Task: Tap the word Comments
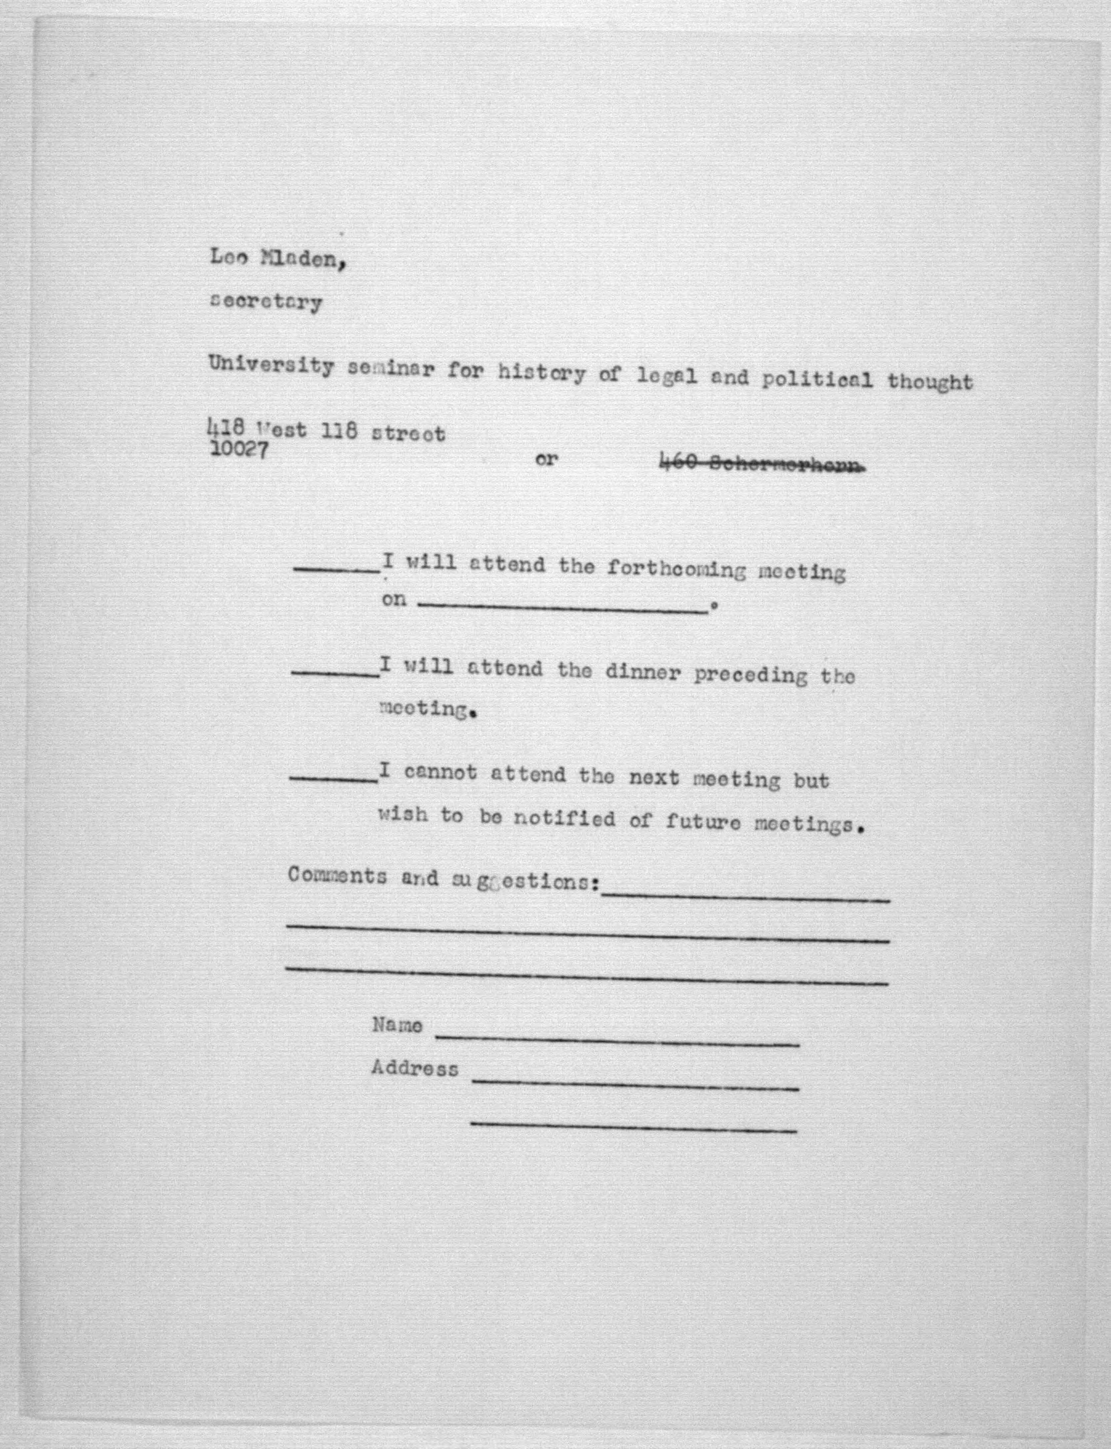tap(337, 876)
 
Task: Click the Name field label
tap(397, 1025)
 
